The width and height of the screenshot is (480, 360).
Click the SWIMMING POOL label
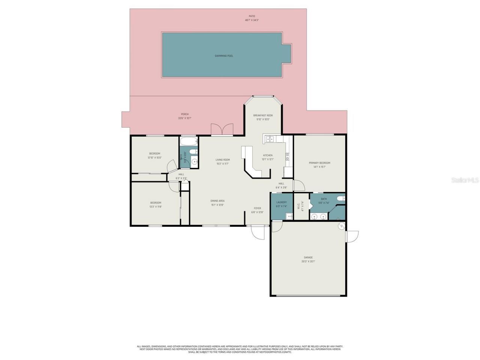tap(224, 56)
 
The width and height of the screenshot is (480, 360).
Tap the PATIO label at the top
tap(252, 16)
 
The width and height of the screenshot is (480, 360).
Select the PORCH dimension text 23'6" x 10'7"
tap(184, 118)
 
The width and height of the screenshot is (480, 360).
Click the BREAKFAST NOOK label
tap(263, 115)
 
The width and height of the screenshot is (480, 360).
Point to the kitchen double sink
tap(269, 139)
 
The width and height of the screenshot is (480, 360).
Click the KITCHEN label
tap(268, 155)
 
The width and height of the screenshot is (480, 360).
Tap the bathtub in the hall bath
tap(189, 142)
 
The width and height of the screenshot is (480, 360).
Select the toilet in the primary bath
tap(341, 198)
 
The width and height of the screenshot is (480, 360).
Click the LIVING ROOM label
tap(222, 160)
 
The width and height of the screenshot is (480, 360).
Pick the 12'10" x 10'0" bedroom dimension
tap(154, 157)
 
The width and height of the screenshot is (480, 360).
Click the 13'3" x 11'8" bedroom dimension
tap(156, 207)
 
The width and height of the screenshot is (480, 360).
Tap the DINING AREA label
tap(217, 201)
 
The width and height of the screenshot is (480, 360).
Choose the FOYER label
tap(257, 208)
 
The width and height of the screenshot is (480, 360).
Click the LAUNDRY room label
tap(281, 202)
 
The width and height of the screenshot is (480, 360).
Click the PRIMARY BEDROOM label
tap(319, 163)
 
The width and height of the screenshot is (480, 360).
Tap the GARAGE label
tap(308, 257)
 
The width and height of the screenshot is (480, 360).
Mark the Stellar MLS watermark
tap(465, 180)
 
